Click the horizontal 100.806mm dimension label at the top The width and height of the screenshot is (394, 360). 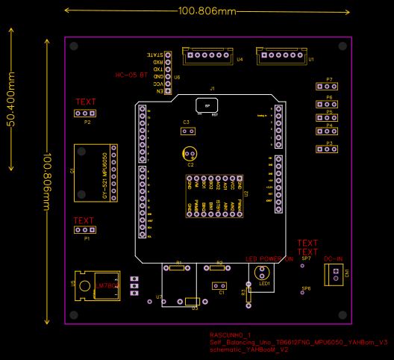coord(207,11)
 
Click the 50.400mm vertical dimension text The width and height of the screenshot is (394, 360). coord(11,99)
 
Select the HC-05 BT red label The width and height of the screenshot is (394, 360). coord(131,75)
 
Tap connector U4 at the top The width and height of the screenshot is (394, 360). coord(209,56)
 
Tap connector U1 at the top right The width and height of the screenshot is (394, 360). coord(281,56)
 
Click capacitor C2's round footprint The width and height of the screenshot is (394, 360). coord(190,154)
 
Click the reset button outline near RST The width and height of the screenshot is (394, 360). coord(206,105)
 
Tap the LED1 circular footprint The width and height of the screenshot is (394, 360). coord(262,273)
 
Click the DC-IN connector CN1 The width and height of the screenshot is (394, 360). coord(334,275)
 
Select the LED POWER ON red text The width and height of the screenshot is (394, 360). coord(269,259)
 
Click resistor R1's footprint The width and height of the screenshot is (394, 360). coord(178,267)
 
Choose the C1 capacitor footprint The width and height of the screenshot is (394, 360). coord(219,285)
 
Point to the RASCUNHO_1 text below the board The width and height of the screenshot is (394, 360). coord(231,335)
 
